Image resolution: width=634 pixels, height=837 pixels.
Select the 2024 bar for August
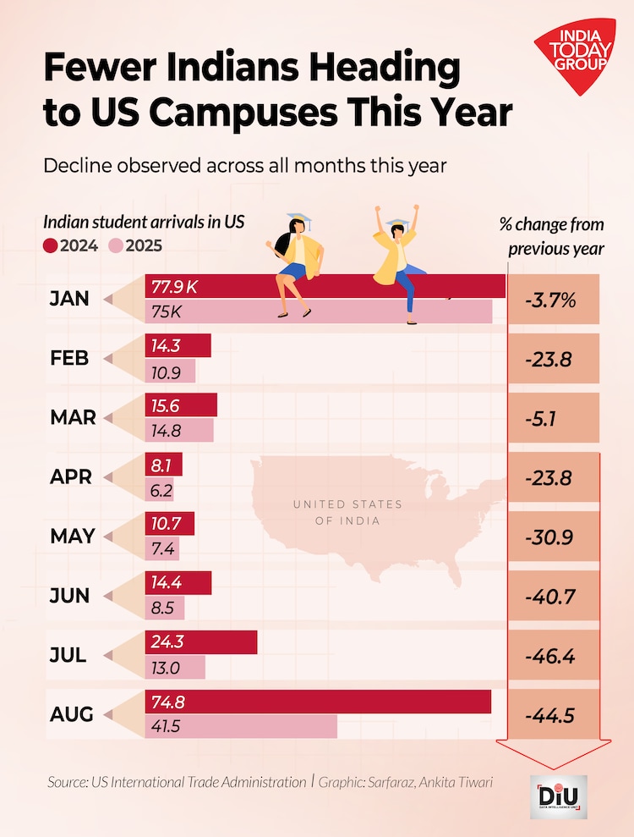click(318, 702)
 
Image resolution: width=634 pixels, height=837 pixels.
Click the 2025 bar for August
click(241, 726)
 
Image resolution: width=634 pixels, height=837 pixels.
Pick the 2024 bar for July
click(201, 642)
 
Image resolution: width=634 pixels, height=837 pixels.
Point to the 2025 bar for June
click(165, 608)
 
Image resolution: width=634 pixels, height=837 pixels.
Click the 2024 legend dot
click(50, 246)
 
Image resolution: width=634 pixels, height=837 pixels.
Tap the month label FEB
click(69, 358)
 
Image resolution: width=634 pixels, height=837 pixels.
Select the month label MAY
click(72, 537)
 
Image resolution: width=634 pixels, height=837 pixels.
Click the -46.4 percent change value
click(550, 656)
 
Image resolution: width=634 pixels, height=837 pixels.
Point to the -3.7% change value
click(550, 299)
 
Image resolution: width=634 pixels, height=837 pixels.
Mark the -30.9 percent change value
click(550, 537)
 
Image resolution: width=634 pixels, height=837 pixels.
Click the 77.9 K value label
click(174, 287)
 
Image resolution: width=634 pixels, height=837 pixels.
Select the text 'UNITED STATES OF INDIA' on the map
click(347, 512)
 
